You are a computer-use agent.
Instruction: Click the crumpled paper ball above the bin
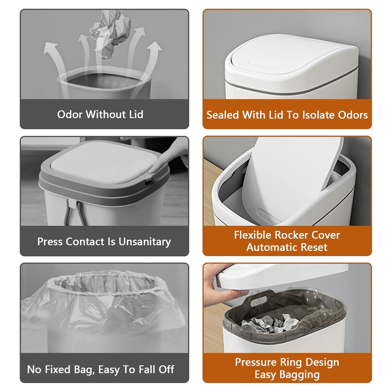110,33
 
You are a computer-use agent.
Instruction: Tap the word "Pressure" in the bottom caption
256,362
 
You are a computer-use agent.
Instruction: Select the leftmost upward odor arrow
54,60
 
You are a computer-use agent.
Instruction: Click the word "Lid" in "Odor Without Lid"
136,114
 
